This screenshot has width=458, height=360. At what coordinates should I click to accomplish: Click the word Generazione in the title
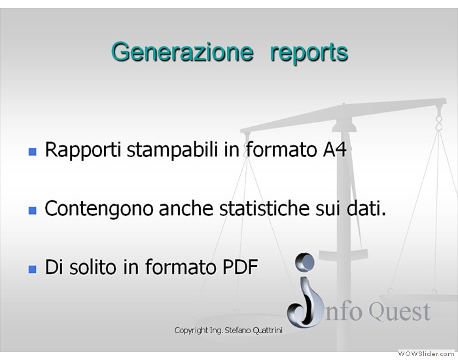coord(183,52)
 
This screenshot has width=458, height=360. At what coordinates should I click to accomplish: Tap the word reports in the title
coord(309,54)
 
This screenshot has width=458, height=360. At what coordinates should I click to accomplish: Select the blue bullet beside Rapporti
coord(33,152)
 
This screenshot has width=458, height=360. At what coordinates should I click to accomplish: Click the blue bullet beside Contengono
coord(33,210)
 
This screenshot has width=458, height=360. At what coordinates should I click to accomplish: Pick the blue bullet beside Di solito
coord(33,269)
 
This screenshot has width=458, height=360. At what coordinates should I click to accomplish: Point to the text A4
coord(335,150)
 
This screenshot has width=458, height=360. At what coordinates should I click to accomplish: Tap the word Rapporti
coord(83,151)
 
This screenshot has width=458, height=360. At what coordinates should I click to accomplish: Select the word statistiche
coord(264,208)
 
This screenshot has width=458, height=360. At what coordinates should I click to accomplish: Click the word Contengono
coord(99,209)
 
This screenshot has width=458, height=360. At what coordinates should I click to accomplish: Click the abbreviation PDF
coord(240,267)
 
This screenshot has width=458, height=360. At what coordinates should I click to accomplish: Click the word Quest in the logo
coord(399,312)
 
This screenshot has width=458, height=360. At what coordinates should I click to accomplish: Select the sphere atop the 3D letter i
coord(305,262)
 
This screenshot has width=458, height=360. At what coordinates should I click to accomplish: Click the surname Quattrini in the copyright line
coord(267,331)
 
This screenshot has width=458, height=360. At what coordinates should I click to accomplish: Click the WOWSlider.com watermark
coord(426,354)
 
